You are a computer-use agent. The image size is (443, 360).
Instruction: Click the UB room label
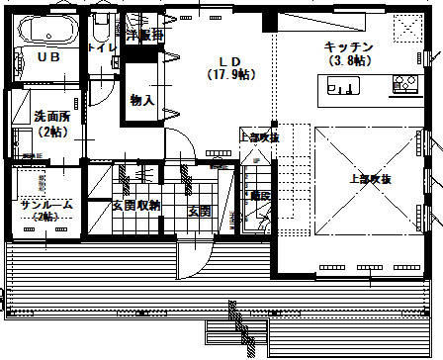[46, 57]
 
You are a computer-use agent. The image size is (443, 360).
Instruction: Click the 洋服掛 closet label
[144, 34]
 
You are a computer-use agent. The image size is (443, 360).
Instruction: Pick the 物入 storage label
[141, 100]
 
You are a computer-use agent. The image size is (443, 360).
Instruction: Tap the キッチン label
[348, 46]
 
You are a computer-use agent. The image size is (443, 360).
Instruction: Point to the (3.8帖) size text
[348, 60]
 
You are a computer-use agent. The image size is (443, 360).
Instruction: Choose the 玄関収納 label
[135, 206]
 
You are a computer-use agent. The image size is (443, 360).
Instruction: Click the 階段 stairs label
[259, 196]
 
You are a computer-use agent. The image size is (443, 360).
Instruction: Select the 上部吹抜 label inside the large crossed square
[370, 179]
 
